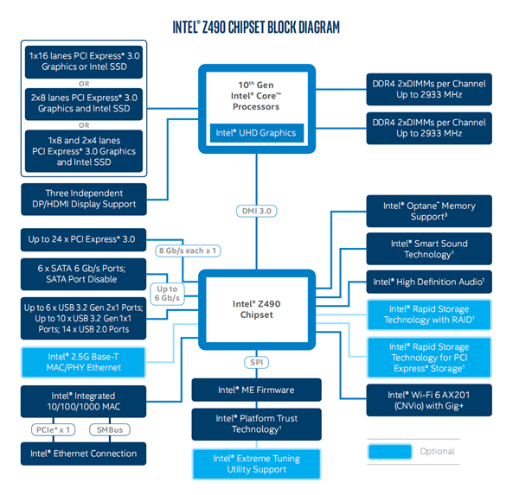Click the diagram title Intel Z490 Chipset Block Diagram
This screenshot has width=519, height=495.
(259, 27)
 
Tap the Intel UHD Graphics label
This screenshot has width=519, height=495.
(254, 133)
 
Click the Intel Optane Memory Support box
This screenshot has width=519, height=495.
(429, 212)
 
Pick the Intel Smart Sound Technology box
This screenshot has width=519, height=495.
(429, 249)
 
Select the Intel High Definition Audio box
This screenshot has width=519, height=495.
(429, 282)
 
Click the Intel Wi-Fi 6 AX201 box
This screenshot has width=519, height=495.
(429, 399)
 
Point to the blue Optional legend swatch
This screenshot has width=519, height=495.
(389, 451)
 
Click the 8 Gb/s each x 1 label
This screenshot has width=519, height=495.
(186, 251)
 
